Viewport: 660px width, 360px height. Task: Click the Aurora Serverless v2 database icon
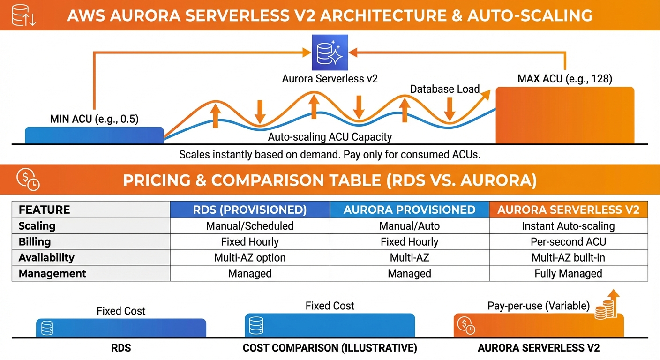(x=330, y=52)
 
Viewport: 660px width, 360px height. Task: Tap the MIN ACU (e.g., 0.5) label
(x=94, y=119)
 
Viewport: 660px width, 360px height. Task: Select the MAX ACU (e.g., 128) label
(x=565, y=78)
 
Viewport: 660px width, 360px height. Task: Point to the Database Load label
(x=445, y=89)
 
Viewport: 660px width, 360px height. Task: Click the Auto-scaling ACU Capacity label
(x=330, y=137)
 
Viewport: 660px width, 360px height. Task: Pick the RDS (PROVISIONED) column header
(x=250, y=210)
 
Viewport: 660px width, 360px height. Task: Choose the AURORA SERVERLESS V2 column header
(x=568, y=210)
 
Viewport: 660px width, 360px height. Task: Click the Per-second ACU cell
(x=568, y=242)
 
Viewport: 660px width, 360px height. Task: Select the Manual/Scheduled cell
(x=250, y=226)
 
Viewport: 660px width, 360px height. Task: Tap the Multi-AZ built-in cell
(x=568, y=257)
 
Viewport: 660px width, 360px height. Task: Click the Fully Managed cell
(x=568, y=273)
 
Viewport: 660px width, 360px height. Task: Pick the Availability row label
(x=46, y=257)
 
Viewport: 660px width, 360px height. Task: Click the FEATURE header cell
(x=44, y=210)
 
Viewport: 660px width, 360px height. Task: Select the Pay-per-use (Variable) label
(x=539, y=306)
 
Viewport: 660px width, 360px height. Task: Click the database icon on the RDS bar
(x=47, y=328)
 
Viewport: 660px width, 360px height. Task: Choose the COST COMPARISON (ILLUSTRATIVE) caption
(x=330, y=348)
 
